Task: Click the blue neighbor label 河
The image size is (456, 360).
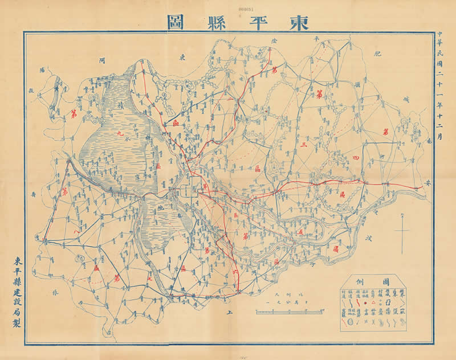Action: [x=101, y=59]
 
